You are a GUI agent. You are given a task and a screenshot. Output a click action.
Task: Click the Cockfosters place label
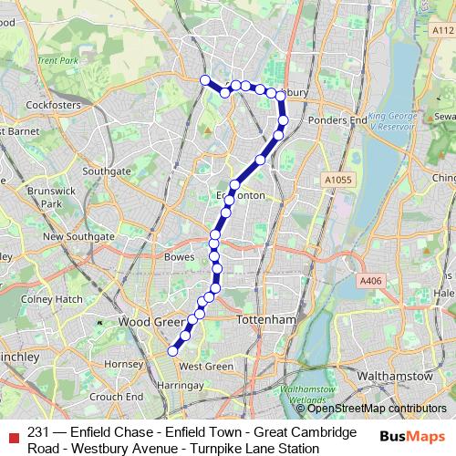(47, 106)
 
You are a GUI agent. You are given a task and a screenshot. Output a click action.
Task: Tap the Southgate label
(106, 171)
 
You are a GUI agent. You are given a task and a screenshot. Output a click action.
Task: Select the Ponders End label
(337, 119)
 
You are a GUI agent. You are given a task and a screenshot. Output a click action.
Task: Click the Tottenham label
(266, 321)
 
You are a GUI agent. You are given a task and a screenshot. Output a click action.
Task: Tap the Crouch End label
(118, 397)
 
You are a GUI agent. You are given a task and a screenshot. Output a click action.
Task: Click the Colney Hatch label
(51, 298)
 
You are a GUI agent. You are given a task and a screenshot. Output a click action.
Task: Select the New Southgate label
(78, 236)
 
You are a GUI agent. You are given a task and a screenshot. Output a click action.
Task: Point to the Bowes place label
(179, 257)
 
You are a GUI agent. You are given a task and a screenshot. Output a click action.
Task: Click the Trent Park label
(59, 61)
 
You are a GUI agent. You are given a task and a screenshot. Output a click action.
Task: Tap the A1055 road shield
(337, 181)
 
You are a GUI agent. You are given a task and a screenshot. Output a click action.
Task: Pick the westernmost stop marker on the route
(205, 79)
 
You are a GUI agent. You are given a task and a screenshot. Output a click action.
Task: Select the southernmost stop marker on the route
(172, 350)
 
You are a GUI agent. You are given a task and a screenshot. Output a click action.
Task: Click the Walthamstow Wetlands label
(303, 394)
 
